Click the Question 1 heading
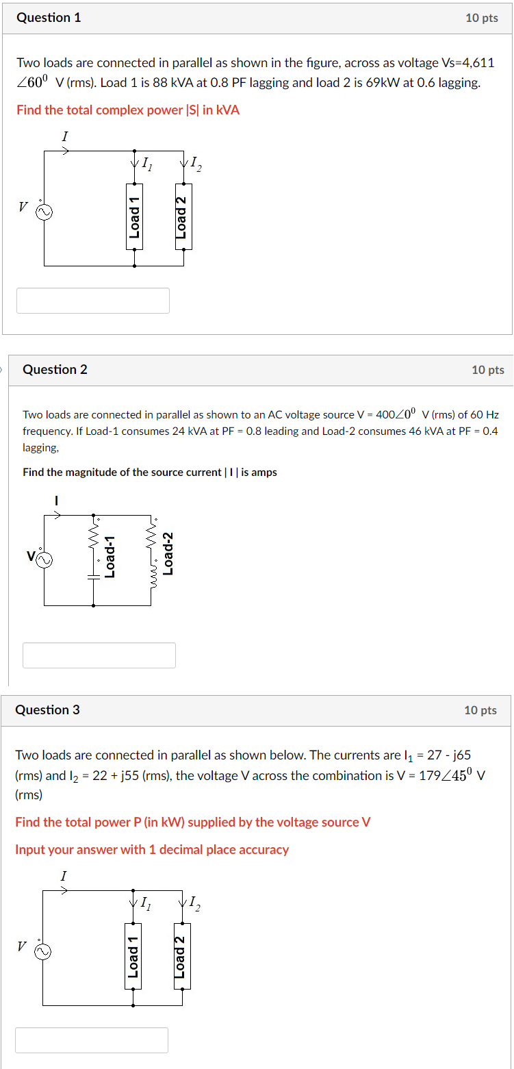[49, 18]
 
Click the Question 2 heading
[55, 370]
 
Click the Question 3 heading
[47, 710]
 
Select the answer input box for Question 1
[93, 301]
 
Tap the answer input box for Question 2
[99, 655]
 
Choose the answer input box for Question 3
[92, 1040]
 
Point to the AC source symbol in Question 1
[44, 212]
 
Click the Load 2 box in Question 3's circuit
[181, 956]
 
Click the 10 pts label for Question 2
[487, 370]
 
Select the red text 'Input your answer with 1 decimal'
[152, 850]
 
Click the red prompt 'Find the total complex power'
[128, 110]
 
